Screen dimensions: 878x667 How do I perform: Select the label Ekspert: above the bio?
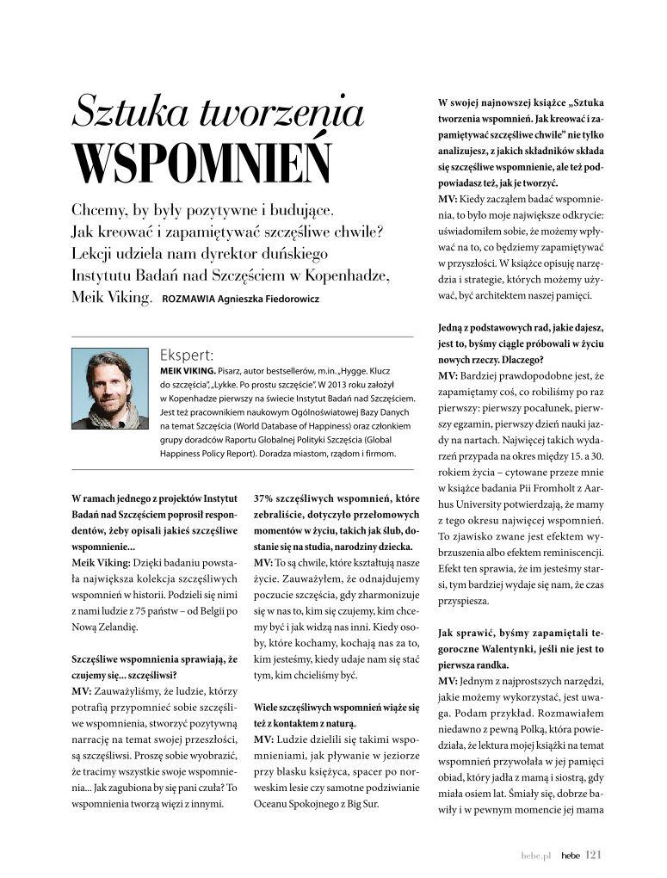tap(187, 354)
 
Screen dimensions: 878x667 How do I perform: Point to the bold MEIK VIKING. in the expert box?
tap(188, 370)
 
